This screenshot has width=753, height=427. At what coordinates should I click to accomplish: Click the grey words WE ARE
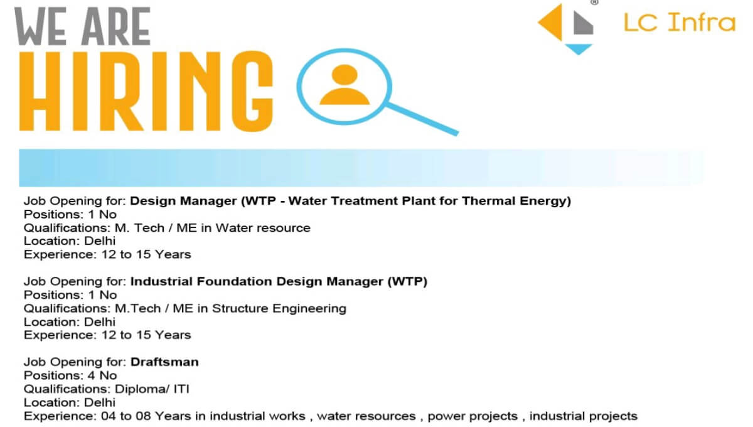coord(83,27)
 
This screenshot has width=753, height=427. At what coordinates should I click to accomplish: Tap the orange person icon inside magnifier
coord(344,85)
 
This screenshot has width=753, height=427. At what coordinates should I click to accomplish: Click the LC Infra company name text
coord(679,23)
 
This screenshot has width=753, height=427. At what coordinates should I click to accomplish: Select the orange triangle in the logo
coord(552,24)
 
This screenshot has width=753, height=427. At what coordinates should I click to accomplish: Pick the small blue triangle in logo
coord(579,49)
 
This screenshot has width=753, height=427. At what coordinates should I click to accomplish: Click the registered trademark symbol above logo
coord(594,3)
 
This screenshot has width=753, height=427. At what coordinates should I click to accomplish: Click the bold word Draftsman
coord(164,362)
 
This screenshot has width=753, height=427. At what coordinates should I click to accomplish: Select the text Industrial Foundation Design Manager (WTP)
coord(279,281)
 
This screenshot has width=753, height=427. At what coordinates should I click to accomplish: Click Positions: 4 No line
coord(70,376)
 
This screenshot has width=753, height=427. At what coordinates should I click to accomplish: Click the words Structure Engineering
coord(279,308)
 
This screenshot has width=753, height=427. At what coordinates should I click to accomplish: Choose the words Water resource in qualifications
coord(263,227)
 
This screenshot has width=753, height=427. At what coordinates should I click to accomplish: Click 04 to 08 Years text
coord(137,416)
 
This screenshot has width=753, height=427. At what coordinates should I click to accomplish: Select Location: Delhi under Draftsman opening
coord(70,402)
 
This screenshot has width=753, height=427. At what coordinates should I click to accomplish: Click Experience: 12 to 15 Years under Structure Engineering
coord(107,335)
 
